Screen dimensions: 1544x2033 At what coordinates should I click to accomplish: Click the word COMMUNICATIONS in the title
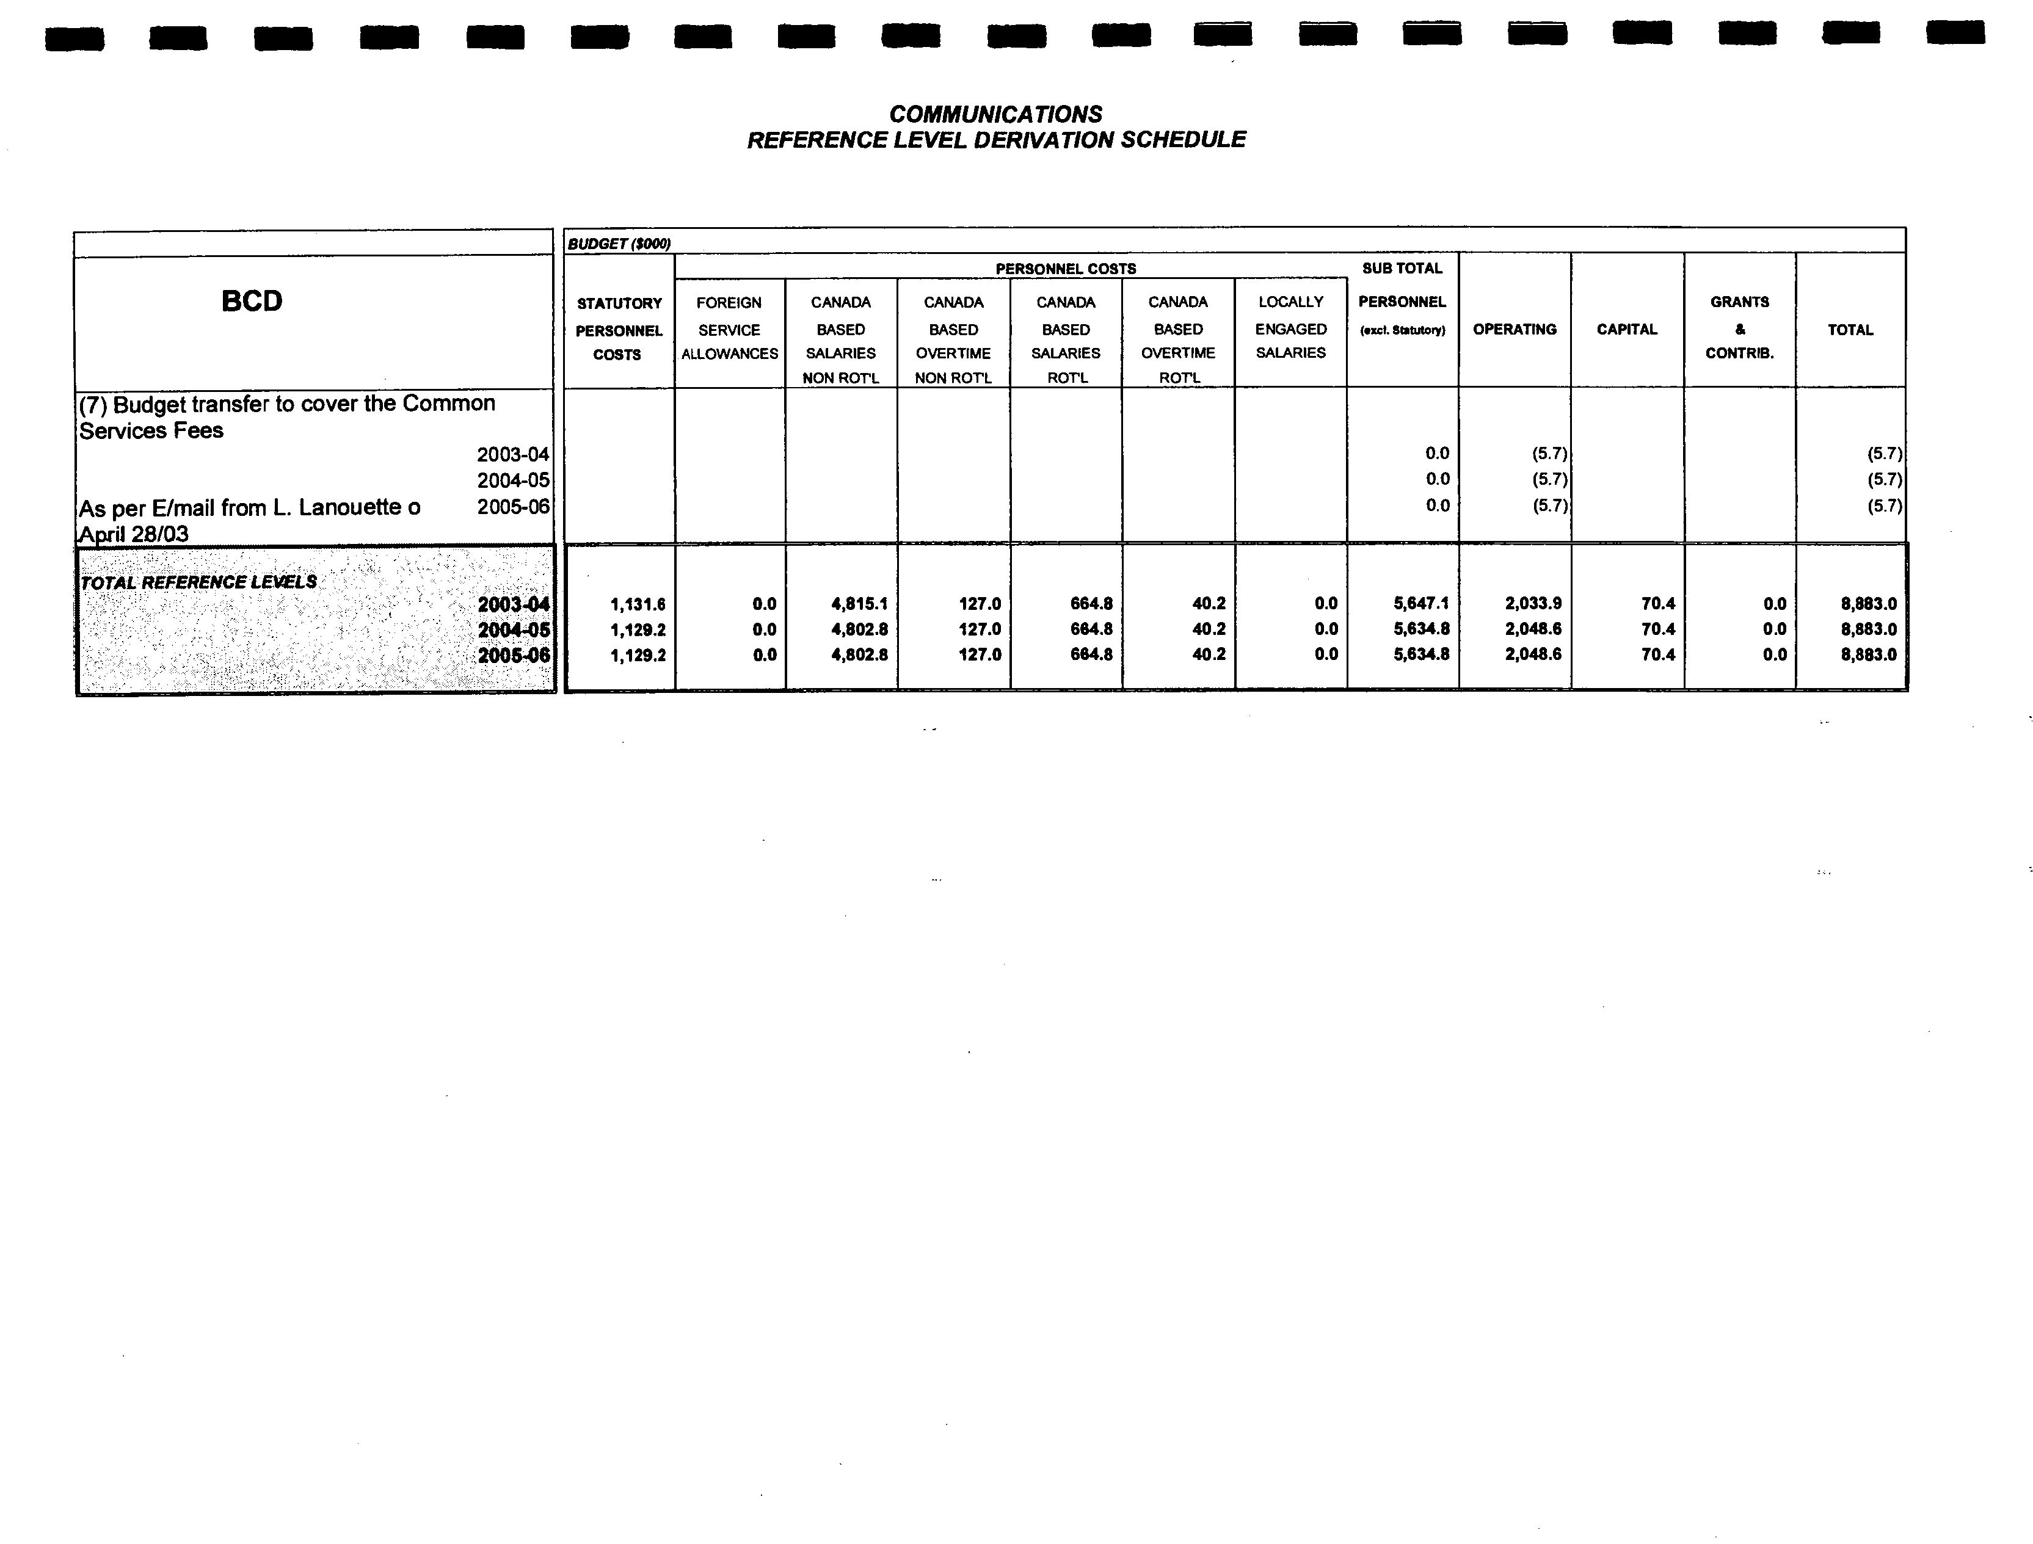[x=995, y=114]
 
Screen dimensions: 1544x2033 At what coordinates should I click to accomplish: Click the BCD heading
[x=252, y=302]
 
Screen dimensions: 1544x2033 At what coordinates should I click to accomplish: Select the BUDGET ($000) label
[x=619, y=244]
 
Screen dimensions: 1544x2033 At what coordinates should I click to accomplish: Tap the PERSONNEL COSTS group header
[x=1065, y=269]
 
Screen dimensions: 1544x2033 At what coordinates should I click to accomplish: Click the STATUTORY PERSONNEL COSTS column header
[x=619, y=329]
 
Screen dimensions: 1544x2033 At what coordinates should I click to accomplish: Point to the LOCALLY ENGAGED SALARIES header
[x=1290, y=327]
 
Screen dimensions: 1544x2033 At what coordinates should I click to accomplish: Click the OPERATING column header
[x=1515, y=329]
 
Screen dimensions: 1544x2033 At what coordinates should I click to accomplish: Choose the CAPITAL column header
[x=1627, y=329]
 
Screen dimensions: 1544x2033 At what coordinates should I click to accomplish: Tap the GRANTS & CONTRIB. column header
[x=1739, y=327]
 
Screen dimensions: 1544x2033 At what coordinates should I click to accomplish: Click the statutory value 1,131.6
[x=637, y=604]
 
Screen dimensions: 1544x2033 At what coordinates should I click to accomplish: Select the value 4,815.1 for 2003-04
[x=859, y=604]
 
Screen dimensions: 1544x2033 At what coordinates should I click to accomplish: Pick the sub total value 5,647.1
[x=1421, y=603]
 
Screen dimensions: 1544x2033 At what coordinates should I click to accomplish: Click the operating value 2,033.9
[x=1533, y=603]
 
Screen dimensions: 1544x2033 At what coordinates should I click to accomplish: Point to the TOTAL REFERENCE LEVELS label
[x=198, y=582]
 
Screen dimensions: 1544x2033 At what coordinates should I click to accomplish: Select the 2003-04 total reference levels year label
[x=513, y=604]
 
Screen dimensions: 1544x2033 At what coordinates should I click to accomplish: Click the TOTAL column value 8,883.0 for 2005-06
[x=1869, y=654]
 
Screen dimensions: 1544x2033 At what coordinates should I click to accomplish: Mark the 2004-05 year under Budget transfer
[x=513, y=480]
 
